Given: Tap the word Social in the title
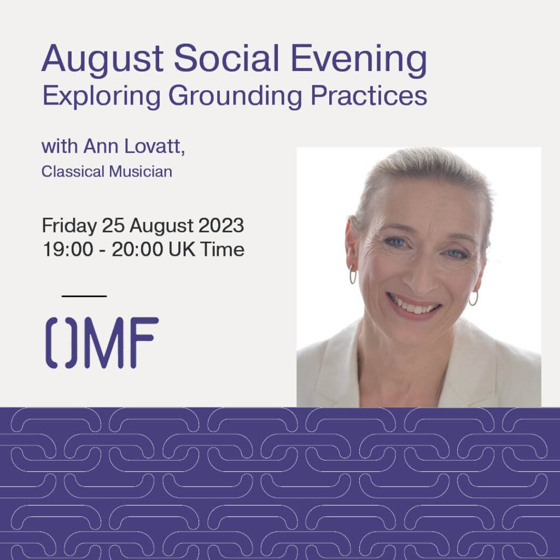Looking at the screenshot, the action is [226, 58].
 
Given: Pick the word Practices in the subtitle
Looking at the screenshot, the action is [369, 95].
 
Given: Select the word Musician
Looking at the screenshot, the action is [141, 171].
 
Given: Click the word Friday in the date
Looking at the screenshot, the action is [69, 226].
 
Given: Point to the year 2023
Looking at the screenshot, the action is [221, 225].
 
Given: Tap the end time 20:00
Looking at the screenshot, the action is [137, 249].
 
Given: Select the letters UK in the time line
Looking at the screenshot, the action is [182, 249].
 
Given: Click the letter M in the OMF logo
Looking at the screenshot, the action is [104, 342].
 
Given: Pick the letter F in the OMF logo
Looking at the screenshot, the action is [144, 342].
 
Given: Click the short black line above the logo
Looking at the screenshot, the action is [84, 296].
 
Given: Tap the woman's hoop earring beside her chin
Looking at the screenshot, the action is [473, 298].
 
